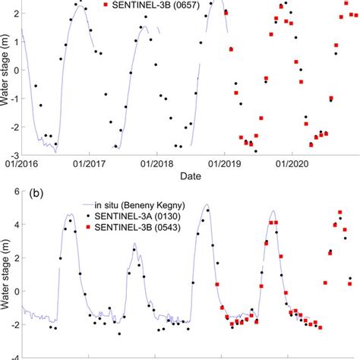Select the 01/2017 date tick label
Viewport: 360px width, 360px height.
[x=88, y=162]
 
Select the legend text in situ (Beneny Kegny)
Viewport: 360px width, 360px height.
[x=140, y=204]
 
